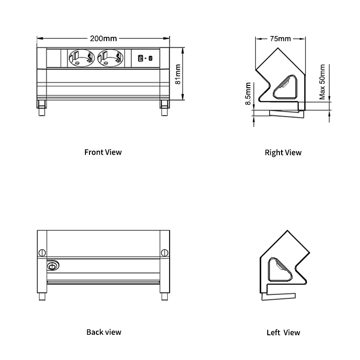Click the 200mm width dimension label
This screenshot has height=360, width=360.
click(x=103, y=38)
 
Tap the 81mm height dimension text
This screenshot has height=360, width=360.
click(x=177, y=74)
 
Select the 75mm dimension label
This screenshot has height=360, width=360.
click(x=279, y=38)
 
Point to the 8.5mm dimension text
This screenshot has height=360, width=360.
click(x=248, y=94)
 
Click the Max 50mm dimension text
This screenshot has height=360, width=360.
click(x=322, y=82)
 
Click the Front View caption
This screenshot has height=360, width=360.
click(x=103, y=152)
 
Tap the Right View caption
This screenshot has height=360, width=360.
click(x=283, y=153)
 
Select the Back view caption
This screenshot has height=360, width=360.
click(x=103, y=332)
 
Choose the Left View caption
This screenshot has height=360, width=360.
click(x=283, y=333)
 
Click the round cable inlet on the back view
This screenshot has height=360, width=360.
click(x=53, y=266)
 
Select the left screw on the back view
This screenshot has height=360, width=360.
click(x=42, y=253)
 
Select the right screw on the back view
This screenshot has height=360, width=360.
click(x=164, y=253)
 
